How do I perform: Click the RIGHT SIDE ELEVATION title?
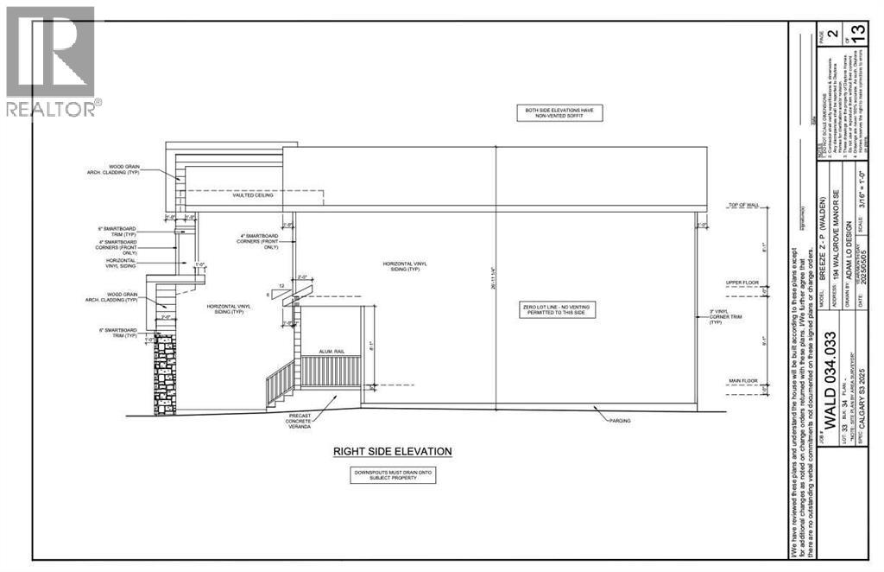point(393,451)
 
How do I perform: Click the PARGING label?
point(619,421)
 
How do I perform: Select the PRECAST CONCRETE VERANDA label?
point(301,420)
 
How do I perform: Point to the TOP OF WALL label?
point(744,205)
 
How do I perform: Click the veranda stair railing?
point(279,383)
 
